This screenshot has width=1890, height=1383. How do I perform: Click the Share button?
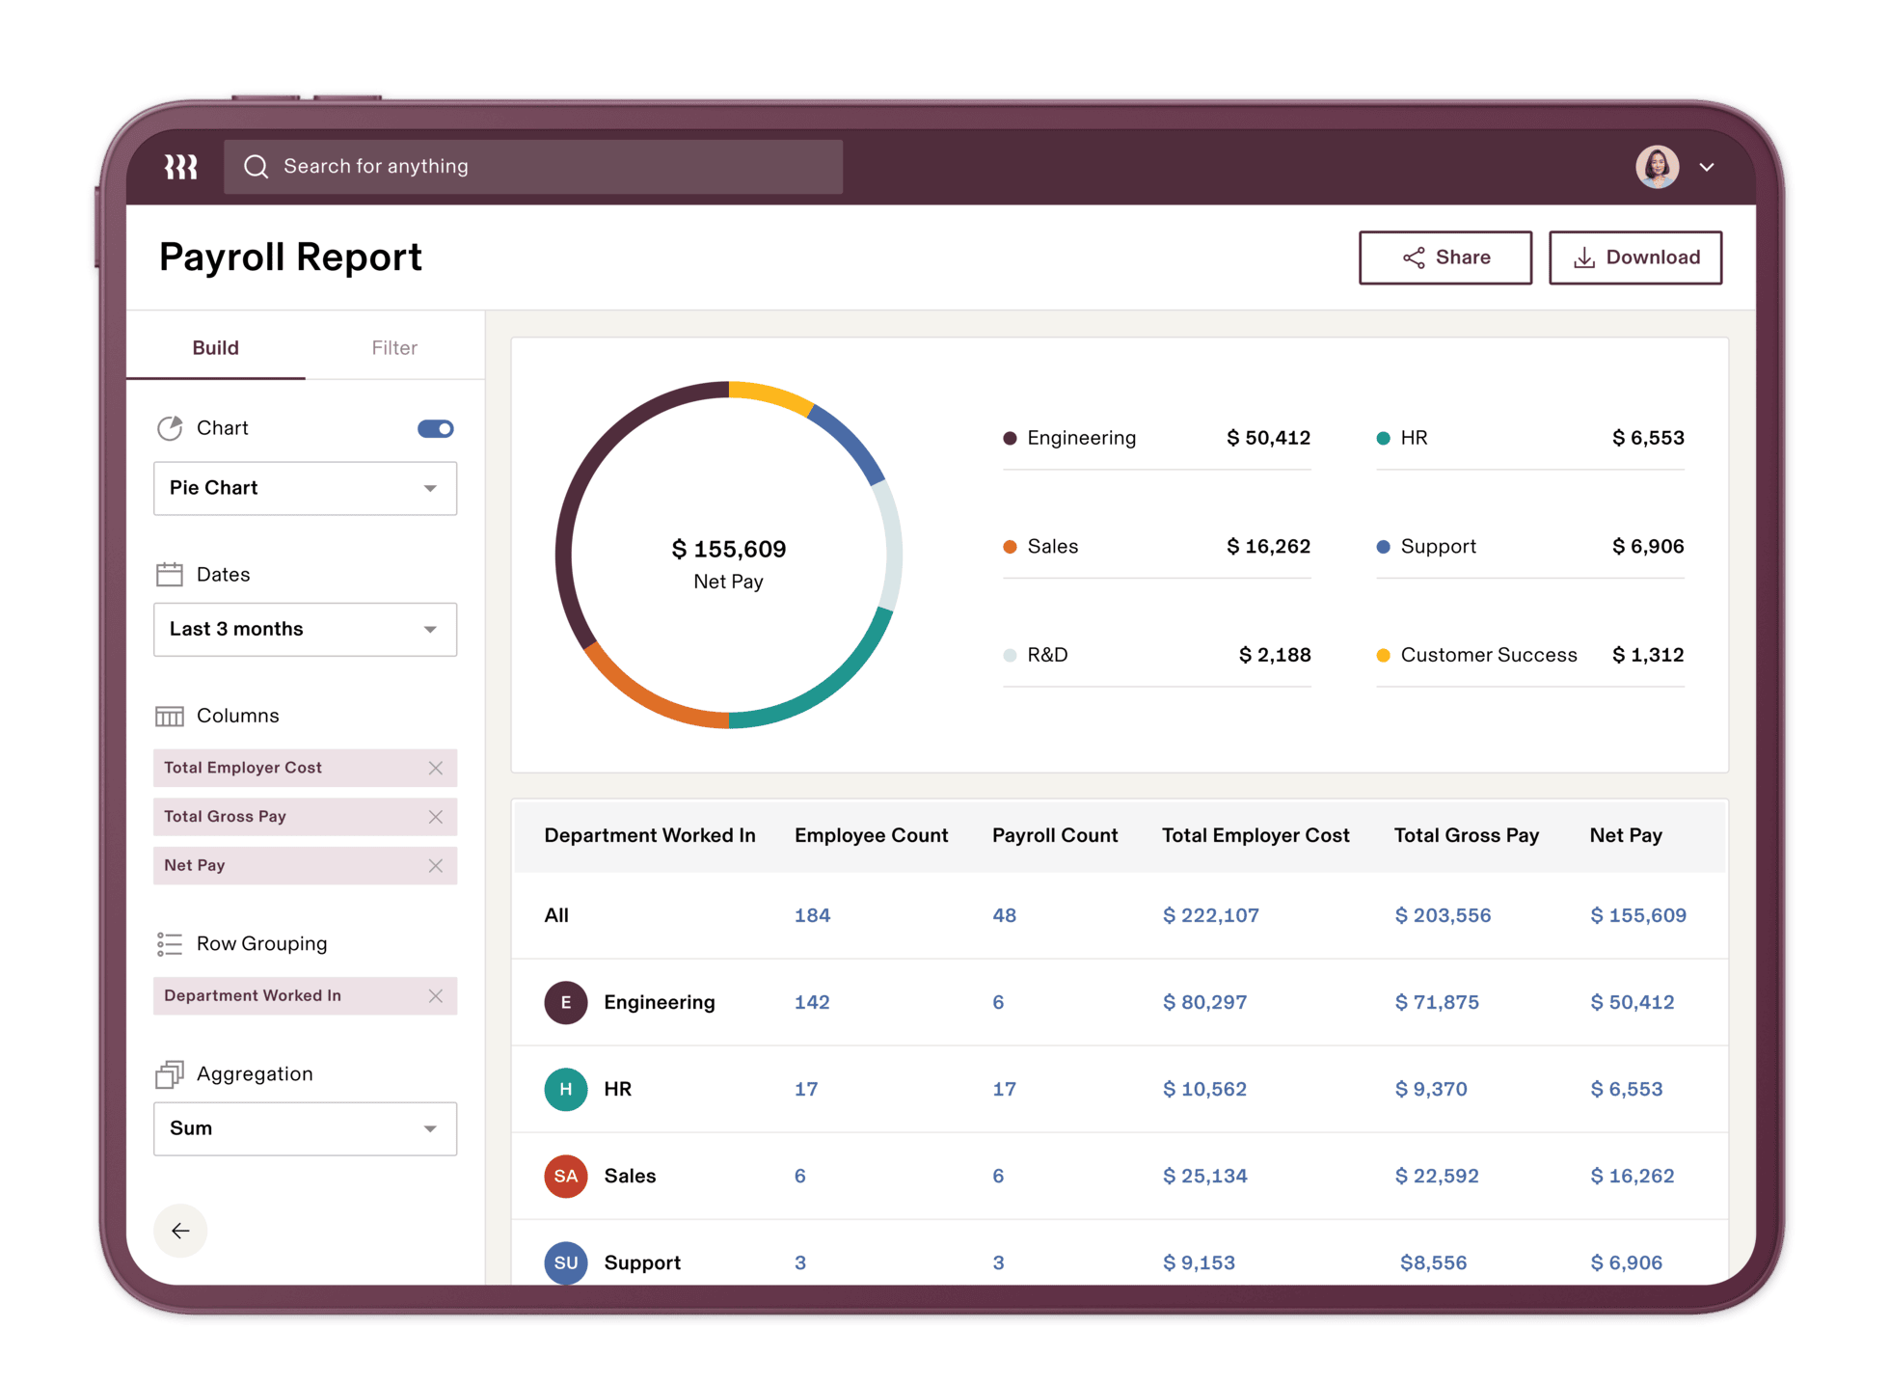point(1444,258)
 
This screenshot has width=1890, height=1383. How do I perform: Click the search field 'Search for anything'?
point(533,167)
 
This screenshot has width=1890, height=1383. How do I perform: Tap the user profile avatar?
point(1657,167)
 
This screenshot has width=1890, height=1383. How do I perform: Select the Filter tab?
point(394,348)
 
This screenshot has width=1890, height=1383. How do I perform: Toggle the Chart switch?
point(436,428)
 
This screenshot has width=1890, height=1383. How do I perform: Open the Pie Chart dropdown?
point(305,488)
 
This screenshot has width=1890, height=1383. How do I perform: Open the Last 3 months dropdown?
point(305,630)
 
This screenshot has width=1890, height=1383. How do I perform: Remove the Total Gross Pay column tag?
point(436,817)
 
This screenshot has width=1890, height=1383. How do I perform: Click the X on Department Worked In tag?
point(436,996)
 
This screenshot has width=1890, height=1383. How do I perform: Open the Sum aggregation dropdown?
point(305,1128)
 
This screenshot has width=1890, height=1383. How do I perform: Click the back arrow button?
point(180,1231)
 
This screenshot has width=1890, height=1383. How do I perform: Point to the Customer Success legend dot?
point(1383,656)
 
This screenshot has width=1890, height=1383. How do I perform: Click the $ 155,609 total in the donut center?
point(729,550)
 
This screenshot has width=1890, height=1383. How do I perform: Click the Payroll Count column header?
point(1055,836)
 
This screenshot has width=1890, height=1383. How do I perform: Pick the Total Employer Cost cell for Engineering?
point(1204,1003)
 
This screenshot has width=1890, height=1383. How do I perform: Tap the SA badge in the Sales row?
point(566,1177)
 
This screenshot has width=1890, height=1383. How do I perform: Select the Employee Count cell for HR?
point(806,1090)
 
